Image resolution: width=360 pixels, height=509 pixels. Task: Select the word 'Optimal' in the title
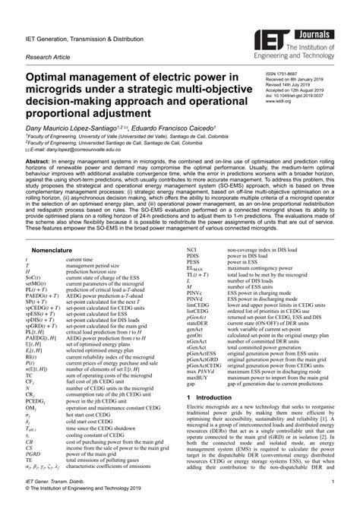(50, 80)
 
